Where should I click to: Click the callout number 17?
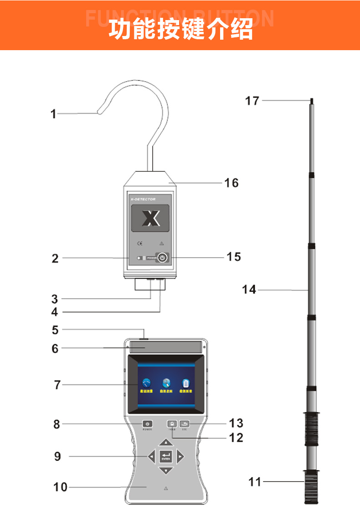pos(252,100)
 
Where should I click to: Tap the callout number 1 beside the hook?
pos(53,114)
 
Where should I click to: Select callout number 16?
pos(231,183)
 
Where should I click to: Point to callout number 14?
pos(249,289)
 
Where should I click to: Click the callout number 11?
pos(255,481)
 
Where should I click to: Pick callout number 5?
pos(55,330)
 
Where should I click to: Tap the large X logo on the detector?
pos(150,218)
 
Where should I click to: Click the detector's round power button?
pos(162,258)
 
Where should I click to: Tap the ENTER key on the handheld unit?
pos(166,456)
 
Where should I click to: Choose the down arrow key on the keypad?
pos(166,470)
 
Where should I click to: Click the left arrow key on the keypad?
pos(151,456)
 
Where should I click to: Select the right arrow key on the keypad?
pos(180,456)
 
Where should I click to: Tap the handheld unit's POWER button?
pos(147,424)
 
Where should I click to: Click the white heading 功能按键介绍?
pos(180,29)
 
